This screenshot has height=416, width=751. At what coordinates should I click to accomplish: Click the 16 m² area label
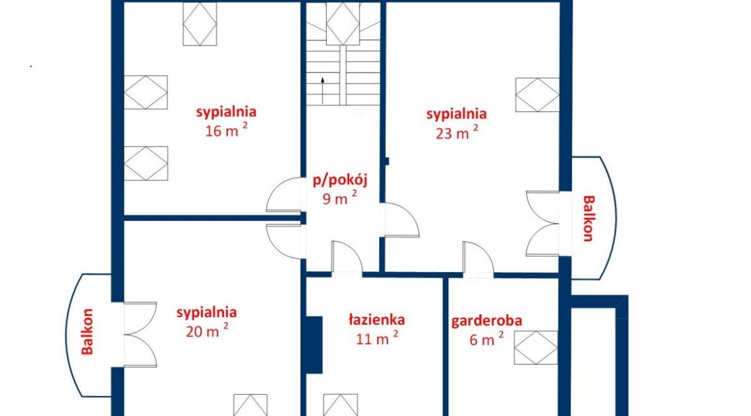tap(227, 130)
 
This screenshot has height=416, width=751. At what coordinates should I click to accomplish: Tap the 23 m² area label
tap(457, 132)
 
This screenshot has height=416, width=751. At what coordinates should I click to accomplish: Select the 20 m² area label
tap(207, 330)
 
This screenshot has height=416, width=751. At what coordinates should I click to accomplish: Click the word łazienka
tap(376, 320)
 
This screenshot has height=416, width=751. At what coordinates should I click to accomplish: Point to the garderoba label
tap(487, 321)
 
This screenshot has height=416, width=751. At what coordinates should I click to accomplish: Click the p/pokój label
tap(340, 180)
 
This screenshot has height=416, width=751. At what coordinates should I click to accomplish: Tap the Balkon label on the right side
tap(589, 218)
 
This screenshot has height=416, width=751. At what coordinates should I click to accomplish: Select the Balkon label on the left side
tap(87, 331)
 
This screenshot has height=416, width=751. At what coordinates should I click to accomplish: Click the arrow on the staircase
tap(323, 91)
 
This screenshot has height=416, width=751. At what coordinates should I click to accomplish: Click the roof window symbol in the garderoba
tap(535, 347)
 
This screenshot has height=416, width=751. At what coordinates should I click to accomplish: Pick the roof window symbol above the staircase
tap(343, 24)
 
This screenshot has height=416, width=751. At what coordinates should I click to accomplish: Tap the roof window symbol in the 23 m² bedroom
tap(537, 95)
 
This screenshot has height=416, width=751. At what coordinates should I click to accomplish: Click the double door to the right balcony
tap(542, 224)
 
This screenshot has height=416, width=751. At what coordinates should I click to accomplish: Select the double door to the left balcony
tap(141, 334)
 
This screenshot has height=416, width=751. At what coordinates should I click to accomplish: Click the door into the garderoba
tap(478, 259)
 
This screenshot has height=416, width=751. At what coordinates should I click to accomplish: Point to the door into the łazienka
tap(347, 258)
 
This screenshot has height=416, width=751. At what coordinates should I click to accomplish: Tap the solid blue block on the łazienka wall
tap(314, 345)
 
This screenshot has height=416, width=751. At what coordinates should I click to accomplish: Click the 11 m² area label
tap(377, 338)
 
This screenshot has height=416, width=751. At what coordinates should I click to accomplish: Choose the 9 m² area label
tap(340, 198)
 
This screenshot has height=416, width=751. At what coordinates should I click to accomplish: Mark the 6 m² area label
tap(487, 340)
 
